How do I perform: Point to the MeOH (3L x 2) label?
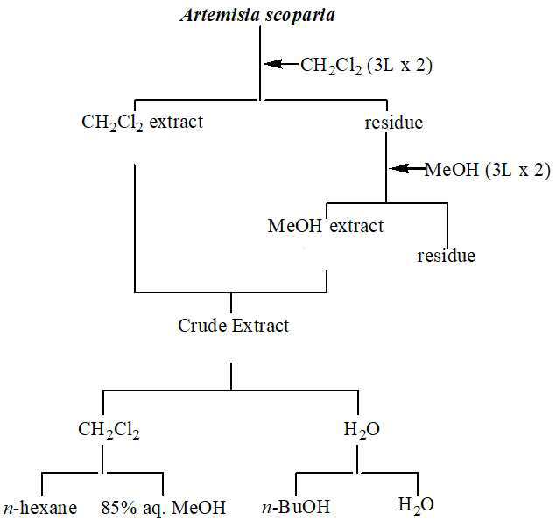pos(487,170)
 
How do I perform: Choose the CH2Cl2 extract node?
pos(142,123)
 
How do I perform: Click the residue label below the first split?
pos(393,123)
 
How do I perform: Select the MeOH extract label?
pos(325,226)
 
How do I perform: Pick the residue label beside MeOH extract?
pos(446,256)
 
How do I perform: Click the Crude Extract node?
pos(233,326)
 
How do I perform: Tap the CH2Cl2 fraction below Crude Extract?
pos(109,430)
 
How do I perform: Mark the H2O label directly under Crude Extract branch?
pos(356,430)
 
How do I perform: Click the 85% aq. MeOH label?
pos(163,507)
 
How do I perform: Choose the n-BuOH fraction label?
pos(296,507)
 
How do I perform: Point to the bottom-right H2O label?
pos(415,505)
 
